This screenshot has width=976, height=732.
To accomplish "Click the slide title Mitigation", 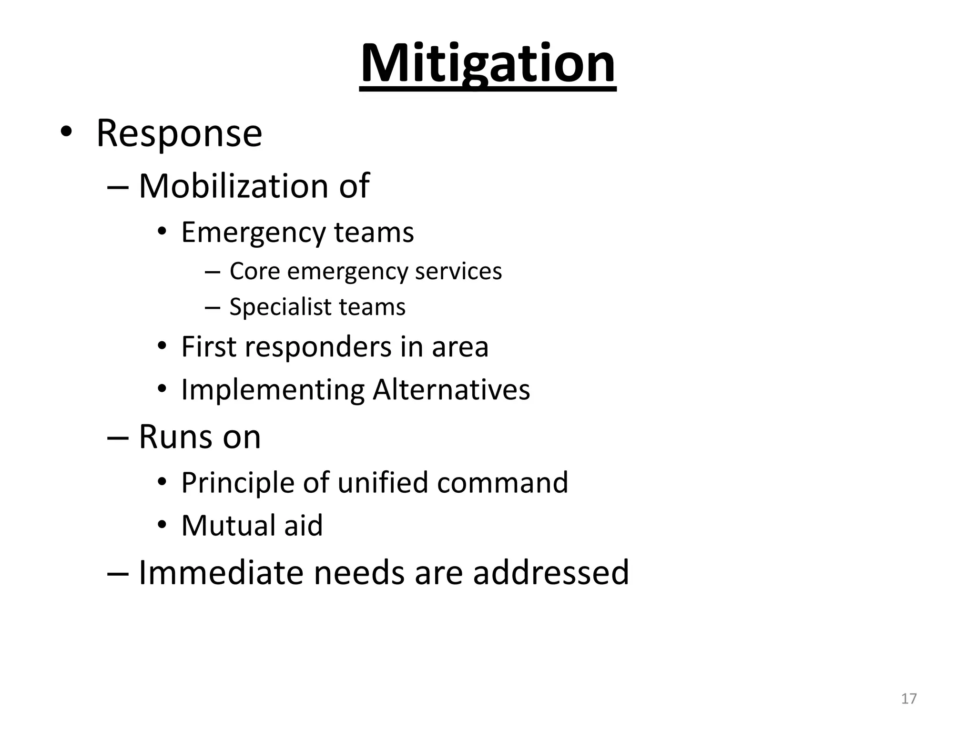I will coord(488,64).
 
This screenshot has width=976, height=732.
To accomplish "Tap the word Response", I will coord(179,133).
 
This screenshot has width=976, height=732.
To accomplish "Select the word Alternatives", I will coord(451,390).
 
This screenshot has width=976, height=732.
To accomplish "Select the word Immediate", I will coord(221,572).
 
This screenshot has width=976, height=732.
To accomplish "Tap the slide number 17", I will coord(909,699).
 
